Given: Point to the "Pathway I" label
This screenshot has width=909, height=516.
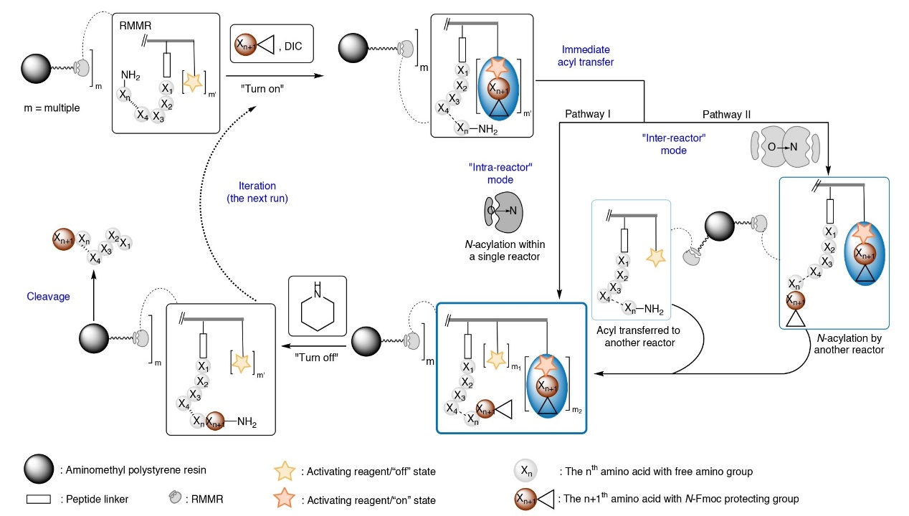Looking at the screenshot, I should coord(587,114).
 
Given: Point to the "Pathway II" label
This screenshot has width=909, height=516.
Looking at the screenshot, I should coord(726,114).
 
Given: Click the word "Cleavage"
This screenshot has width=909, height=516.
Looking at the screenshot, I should coord(49,296).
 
